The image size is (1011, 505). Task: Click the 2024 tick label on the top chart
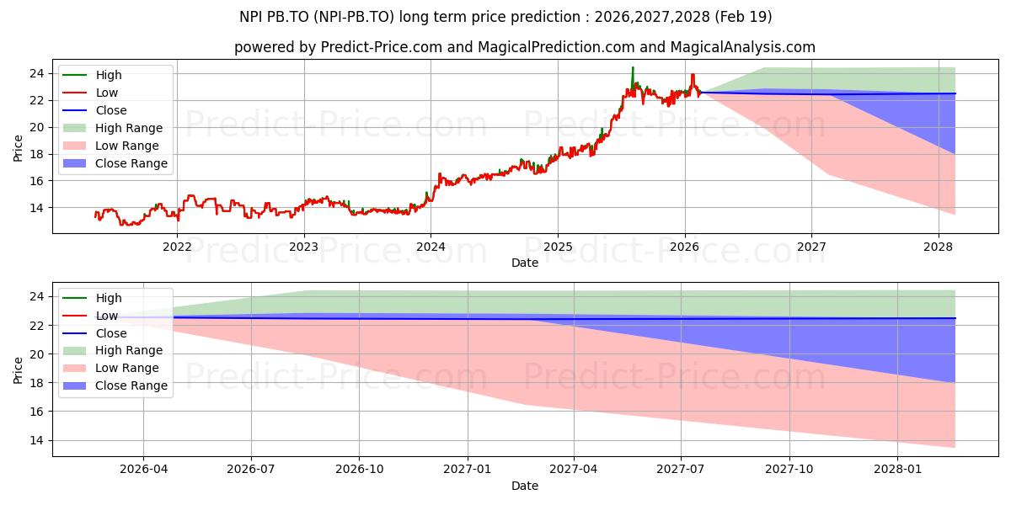pos(431,247)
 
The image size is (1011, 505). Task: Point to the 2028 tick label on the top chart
pos(939,247)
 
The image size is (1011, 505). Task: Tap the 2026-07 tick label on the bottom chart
pos(251,470)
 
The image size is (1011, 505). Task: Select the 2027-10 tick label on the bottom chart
pos(789,470)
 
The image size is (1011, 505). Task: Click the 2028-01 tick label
pos(897,470)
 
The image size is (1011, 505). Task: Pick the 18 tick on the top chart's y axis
pos(37,154)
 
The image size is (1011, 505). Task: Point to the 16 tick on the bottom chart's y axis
pos(37,412)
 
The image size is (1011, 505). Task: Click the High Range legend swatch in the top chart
pos(74,128)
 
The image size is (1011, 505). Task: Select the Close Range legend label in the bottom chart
pos(131,386)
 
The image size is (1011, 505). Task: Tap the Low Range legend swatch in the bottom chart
pos(74,369)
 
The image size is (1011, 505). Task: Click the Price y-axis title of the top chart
pos(18,148)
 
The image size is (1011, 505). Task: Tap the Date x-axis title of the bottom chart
pos(525,486)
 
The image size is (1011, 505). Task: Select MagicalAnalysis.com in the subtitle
pos(743,47)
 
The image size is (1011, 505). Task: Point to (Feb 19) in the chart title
pos(743,17)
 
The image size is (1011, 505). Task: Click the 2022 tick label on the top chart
pos(177,247)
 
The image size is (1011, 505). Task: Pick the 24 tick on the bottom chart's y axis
pos(37,297)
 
